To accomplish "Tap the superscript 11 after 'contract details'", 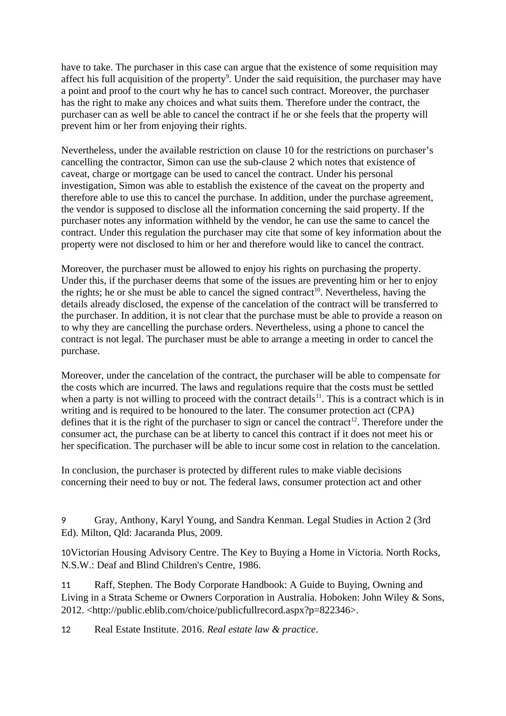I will tap(319, 396).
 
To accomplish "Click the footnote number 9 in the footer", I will tap(64, 520).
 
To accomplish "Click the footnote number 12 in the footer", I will tap(66, 630).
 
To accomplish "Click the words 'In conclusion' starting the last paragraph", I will tap(89, 470).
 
